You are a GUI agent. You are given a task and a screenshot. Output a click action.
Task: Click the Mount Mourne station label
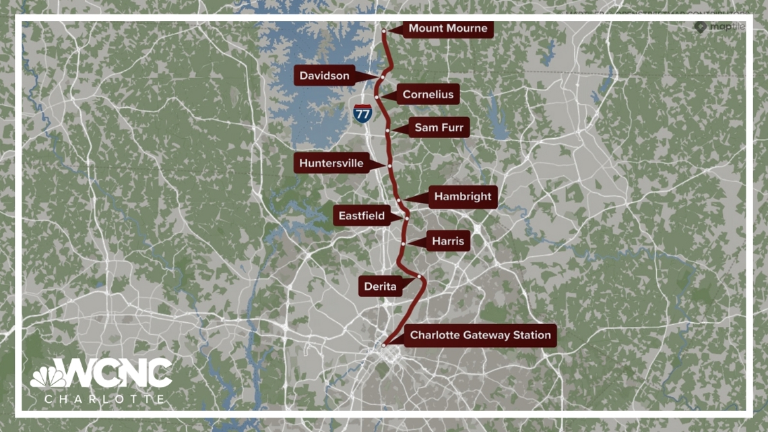(447, 29)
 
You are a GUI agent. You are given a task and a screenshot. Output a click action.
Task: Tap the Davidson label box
(324, 76)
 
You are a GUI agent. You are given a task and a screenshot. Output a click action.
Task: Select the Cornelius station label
(428, 95)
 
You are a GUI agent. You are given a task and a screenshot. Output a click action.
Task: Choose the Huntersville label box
(331, 164)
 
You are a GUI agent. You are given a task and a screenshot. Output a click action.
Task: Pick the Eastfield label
(361, 216)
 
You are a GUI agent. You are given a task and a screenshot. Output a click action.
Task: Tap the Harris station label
(448, 241)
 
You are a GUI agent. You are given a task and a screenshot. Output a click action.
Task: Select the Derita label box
(381, 286)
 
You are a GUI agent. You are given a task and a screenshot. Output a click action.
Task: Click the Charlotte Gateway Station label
(480, 335)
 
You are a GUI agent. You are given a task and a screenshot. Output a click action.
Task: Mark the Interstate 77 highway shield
(362, 113)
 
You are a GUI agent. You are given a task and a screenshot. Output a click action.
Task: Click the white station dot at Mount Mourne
(384, 31)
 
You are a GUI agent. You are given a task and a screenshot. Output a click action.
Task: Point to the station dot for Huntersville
(389, 165)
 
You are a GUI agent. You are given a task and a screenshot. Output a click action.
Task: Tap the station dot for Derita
(419, 276)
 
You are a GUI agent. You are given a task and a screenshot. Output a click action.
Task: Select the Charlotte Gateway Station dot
(384, 345)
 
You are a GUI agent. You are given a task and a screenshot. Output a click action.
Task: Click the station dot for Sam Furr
(388, 130)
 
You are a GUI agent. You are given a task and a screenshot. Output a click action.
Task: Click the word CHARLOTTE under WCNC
(104, 400)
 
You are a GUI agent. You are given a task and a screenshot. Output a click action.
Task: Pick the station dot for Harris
(403, 243)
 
